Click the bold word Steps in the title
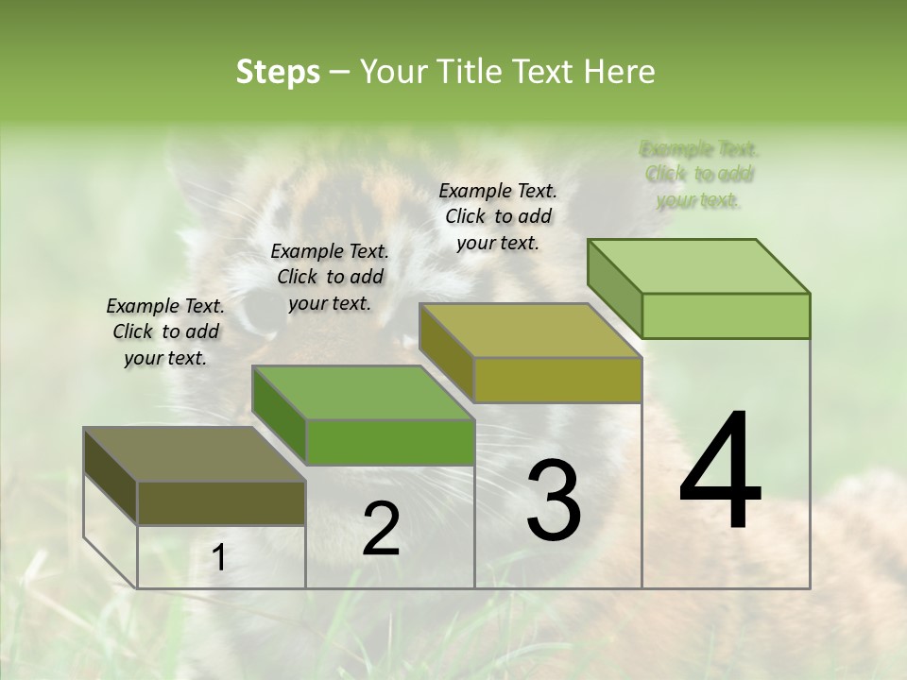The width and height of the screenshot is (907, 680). (x=278, y=72)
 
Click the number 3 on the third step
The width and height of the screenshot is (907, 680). (x=553, y=501)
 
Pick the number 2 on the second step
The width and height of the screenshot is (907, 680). (x=381, y=529)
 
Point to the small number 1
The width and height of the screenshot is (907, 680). (x=218, y=558)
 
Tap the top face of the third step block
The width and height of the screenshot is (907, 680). (x=530, y=331)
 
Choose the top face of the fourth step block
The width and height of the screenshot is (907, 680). (x=698, y=266)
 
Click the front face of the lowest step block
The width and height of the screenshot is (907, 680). (x=222, y=503)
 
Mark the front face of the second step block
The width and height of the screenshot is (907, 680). (x=390, y=442)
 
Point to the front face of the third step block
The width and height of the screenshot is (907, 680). (x=557, y=381)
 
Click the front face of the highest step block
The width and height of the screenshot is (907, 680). (x=726, y=315)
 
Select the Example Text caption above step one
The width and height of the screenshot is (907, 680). (x=165, y=331)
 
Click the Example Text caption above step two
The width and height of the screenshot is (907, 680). (x=330, y=277)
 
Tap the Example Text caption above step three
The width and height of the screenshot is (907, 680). (x=498, y=216)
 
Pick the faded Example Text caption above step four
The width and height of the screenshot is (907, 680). (x=699, y=175)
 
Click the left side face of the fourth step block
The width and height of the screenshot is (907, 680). (x=614, y=288)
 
